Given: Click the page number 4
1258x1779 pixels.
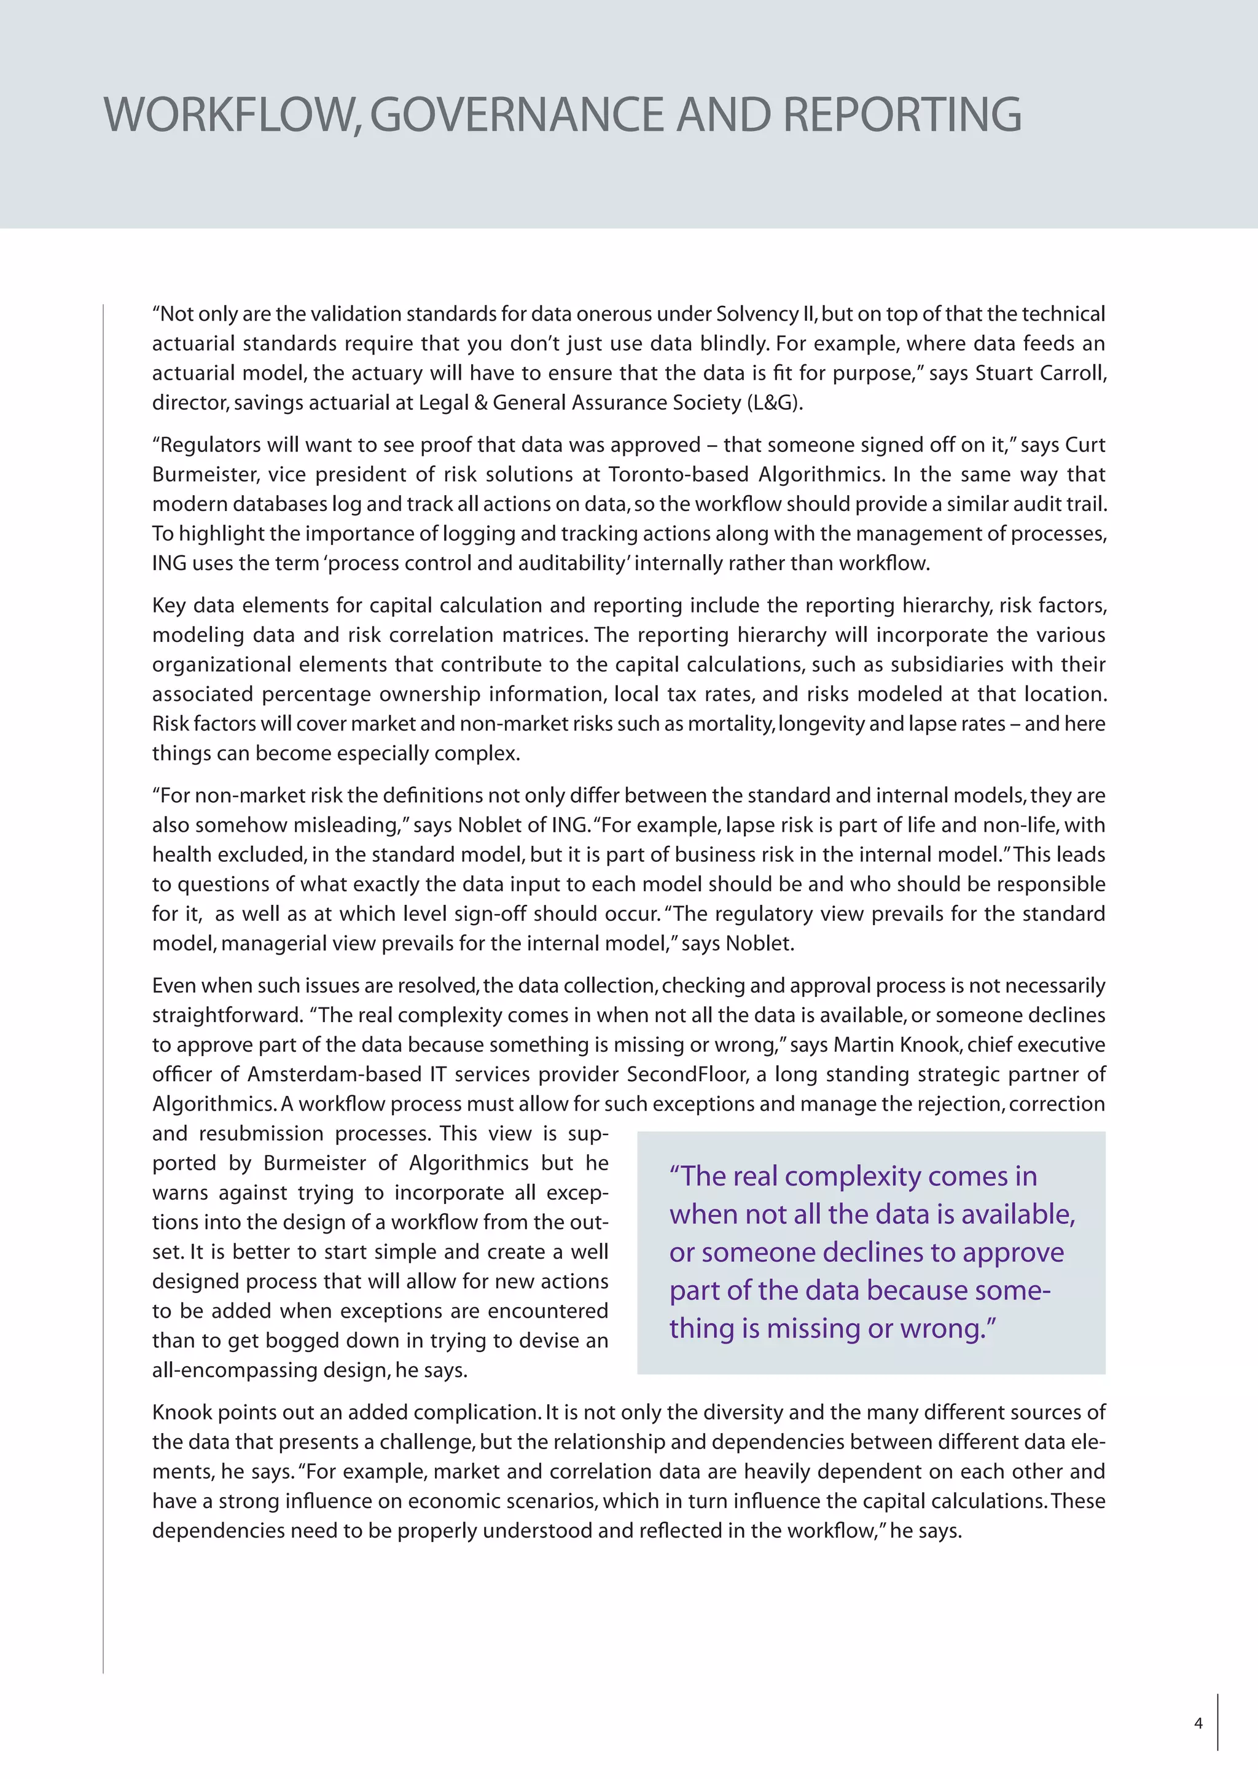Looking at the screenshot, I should tap(1198, 1723).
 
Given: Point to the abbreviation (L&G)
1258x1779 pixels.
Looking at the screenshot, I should tap(774, 403).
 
